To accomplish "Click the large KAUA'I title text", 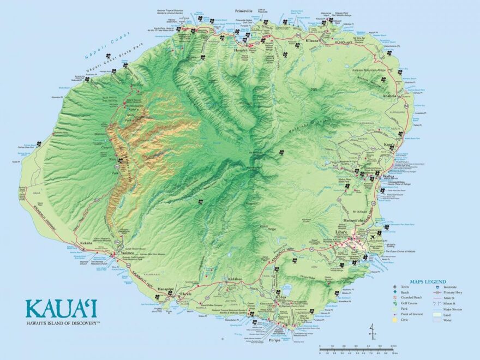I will [x=61, y=308].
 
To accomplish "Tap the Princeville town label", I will [x=244, y=11].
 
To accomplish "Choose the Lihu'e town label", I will [x=343, y=231].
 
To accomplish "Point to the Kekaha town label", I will [x=86, y=243].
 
